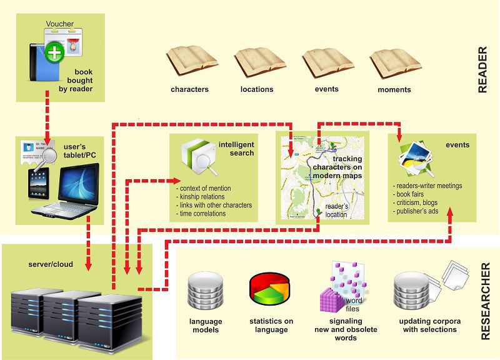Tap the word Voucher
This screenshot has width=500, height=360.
tap(60, 24)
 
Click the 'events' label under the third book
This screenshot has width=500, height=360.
tap(327, 89)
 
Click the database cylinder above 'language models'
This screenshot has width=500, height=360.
tap(205, 293)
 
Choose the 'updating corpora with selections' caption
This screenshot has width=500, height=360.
tap(427, 325)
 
